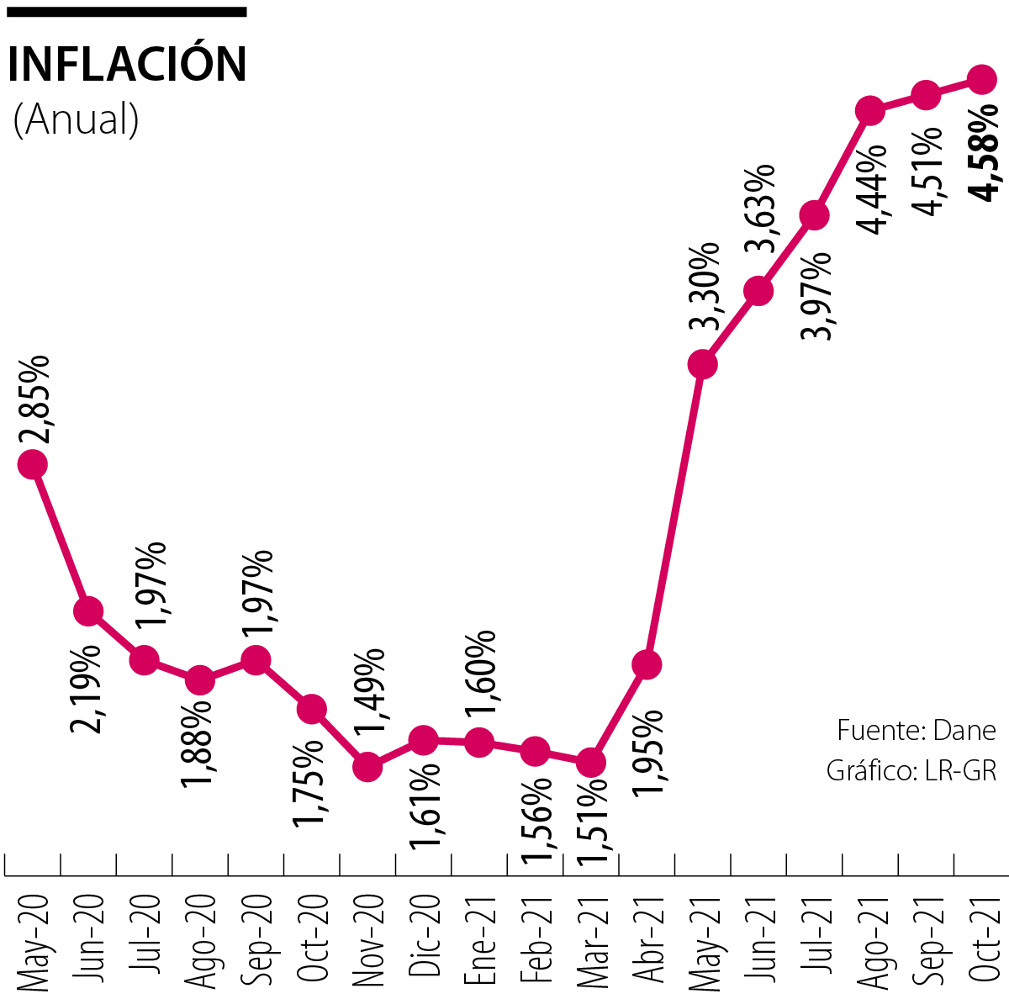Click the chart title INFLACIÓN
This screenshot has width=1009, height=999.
coord(127,64)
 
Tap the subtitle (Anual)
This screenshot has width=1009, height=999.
coord(76,119)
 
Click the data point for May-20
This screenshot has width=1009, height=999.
coord(32,463)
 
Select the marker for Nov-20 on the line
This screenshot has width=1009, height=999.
coord(367,766)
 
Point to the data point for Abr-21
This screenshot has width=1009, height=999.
coord(646,664)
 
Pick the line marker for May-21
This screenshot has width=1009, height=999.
coord(702,364)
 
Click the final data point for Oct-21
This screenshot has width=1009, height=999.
coord(981,79)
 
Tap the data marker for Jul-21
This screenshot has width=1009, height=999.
coord(814,215)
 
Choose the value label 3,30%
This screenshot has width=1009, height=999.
coord(704,289)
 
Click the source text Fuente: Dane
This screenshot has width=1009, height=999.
coord(916,730)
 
